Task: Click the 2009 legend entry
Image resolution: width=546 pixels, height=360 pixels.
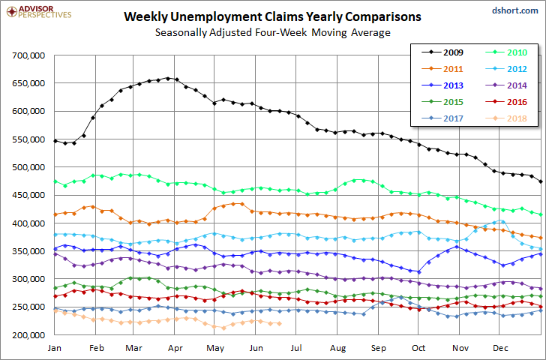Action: (x=442, y=52)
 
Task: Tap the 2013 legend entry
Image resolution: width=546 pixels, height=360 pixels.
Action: (x=442, y=85)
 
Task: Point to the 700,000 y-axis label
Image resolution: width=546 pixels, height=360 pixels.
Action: (x=28, y=55)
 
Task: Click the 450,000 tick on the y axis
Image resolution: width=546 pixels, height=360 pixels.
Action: (x=28, y=195)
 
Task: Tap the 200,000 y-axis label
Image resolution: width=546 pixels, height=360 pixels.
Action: (x=28, y=335)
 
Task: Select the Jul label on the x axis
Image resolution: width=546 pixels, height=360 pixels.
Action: (x=296, y=348)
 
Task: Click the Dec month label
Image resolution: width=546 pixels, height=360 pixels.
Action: (x=500, y=348)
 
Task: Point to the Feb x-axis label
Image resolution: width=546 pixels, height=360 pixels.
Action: (x=97, y=348)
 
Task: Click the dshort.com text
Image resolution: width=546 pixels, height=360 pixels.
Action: (x=515, y=10)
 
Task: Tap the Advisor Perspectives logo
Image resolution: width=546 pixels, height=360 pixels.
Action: (x=39, y=12)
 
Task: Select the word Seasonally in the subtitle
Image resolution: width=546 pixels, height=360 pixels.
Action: (x=181, y=33)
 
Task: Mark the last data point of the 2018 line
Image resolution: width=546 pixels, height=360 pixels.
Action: (x=279, y=324)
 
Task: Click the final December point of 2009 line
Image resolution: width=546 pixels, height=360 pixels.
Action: (x=541, y=181)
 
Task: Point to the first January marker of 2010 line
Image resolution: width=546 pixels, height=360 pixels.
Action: (x=55, y=181)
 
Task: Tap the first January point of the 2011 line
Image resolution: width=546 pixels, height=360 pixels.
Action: (x=55, y=214)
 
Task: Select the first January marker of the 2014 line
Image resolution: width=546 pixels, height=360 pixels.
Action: (x=55, y=254)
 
